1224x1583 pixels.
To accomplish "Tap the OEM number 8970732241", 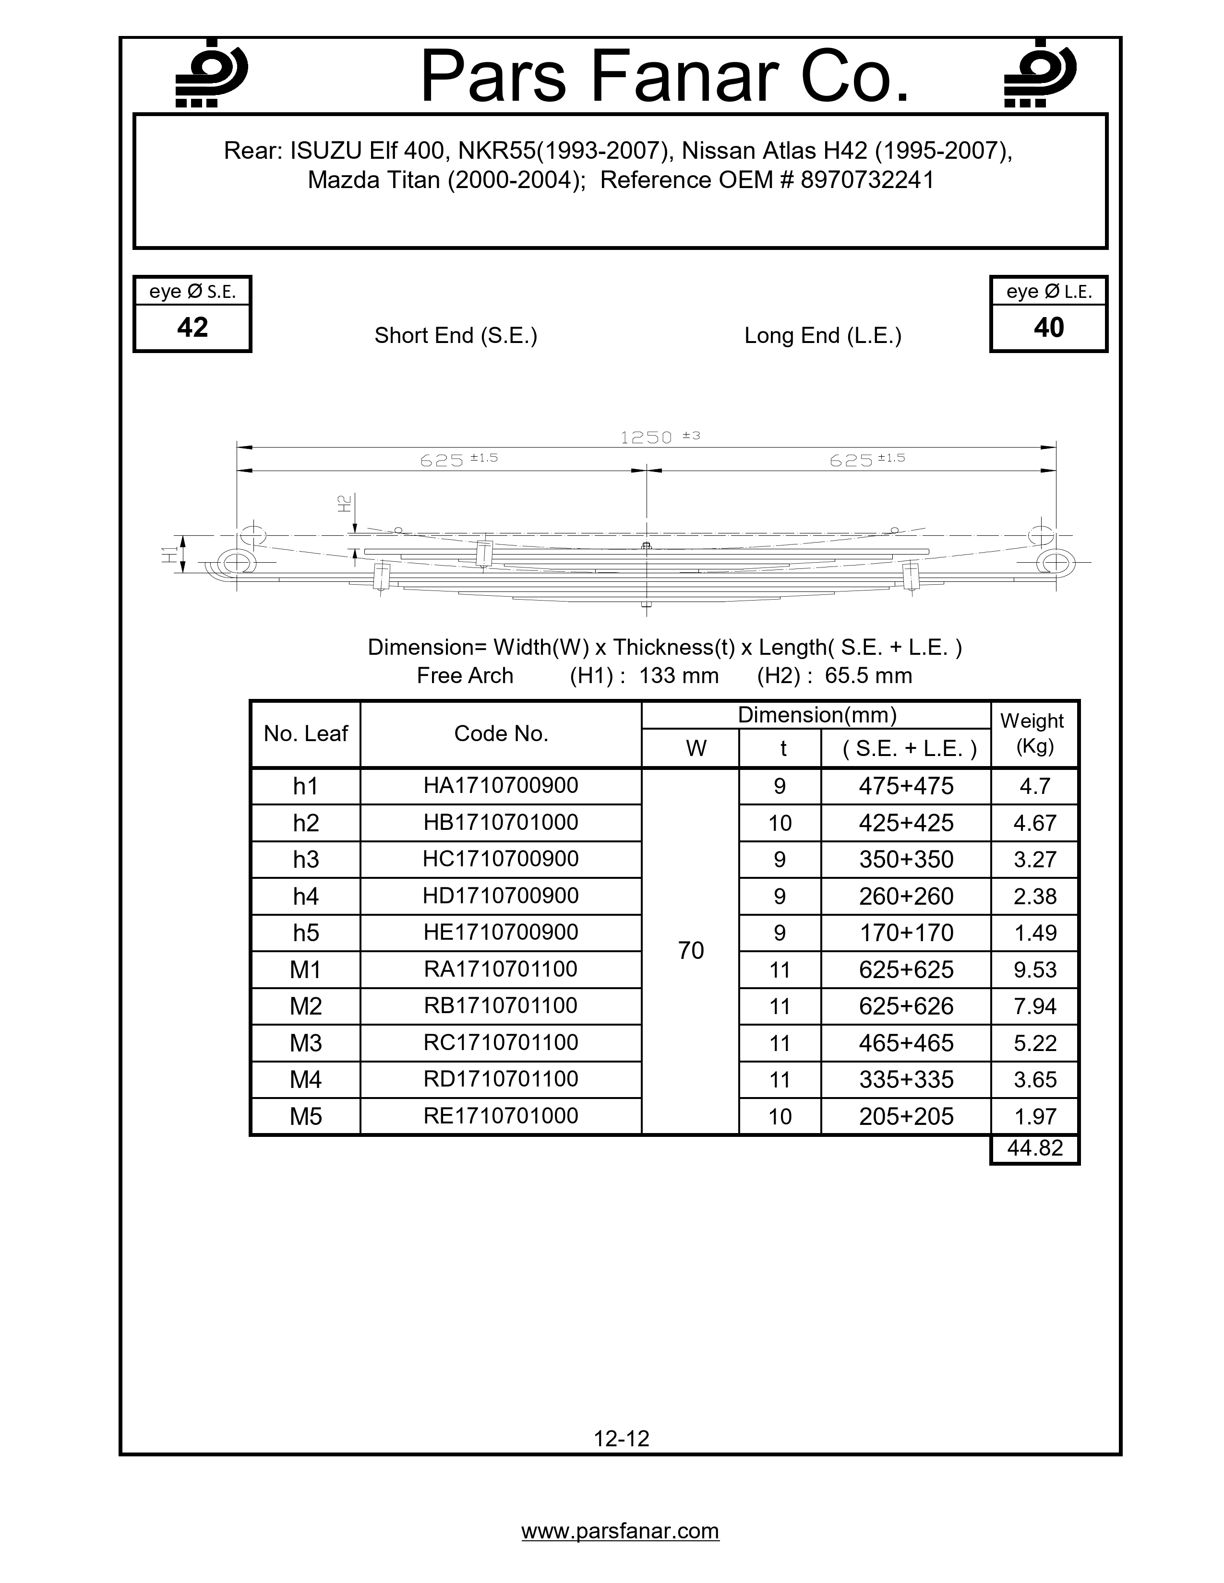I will click(x=867, y=180).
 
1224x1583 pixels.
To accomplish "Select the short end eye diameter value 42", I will click(x=192, y=328).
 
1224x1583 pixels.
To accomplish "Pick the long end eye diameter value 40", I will click(x=1048, y=328).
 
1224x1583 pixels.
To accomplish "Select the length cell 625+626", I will click(x=906, y=1006).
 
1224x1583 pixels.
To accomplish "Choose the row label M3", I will click(x=305, y=1043).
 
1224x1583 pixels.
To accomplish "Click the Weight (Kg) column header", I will click(x=1034, y=733).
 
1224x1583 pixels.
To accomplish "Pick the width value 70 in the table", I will click(x=690, y=950).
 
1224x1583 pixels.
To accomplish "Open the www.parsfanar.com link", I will click(x=620, y=1531).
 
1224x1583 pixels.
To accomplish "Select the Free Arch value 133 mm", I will click(x=679, y=675).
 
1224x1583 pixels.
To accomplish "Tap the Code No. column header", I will click(x=500, y=733).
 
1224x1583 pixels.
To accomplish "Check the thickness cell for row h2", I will click(x=780, y=823).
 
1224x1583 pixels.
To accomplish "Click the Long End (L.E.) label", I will click(x=822, y=336).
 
